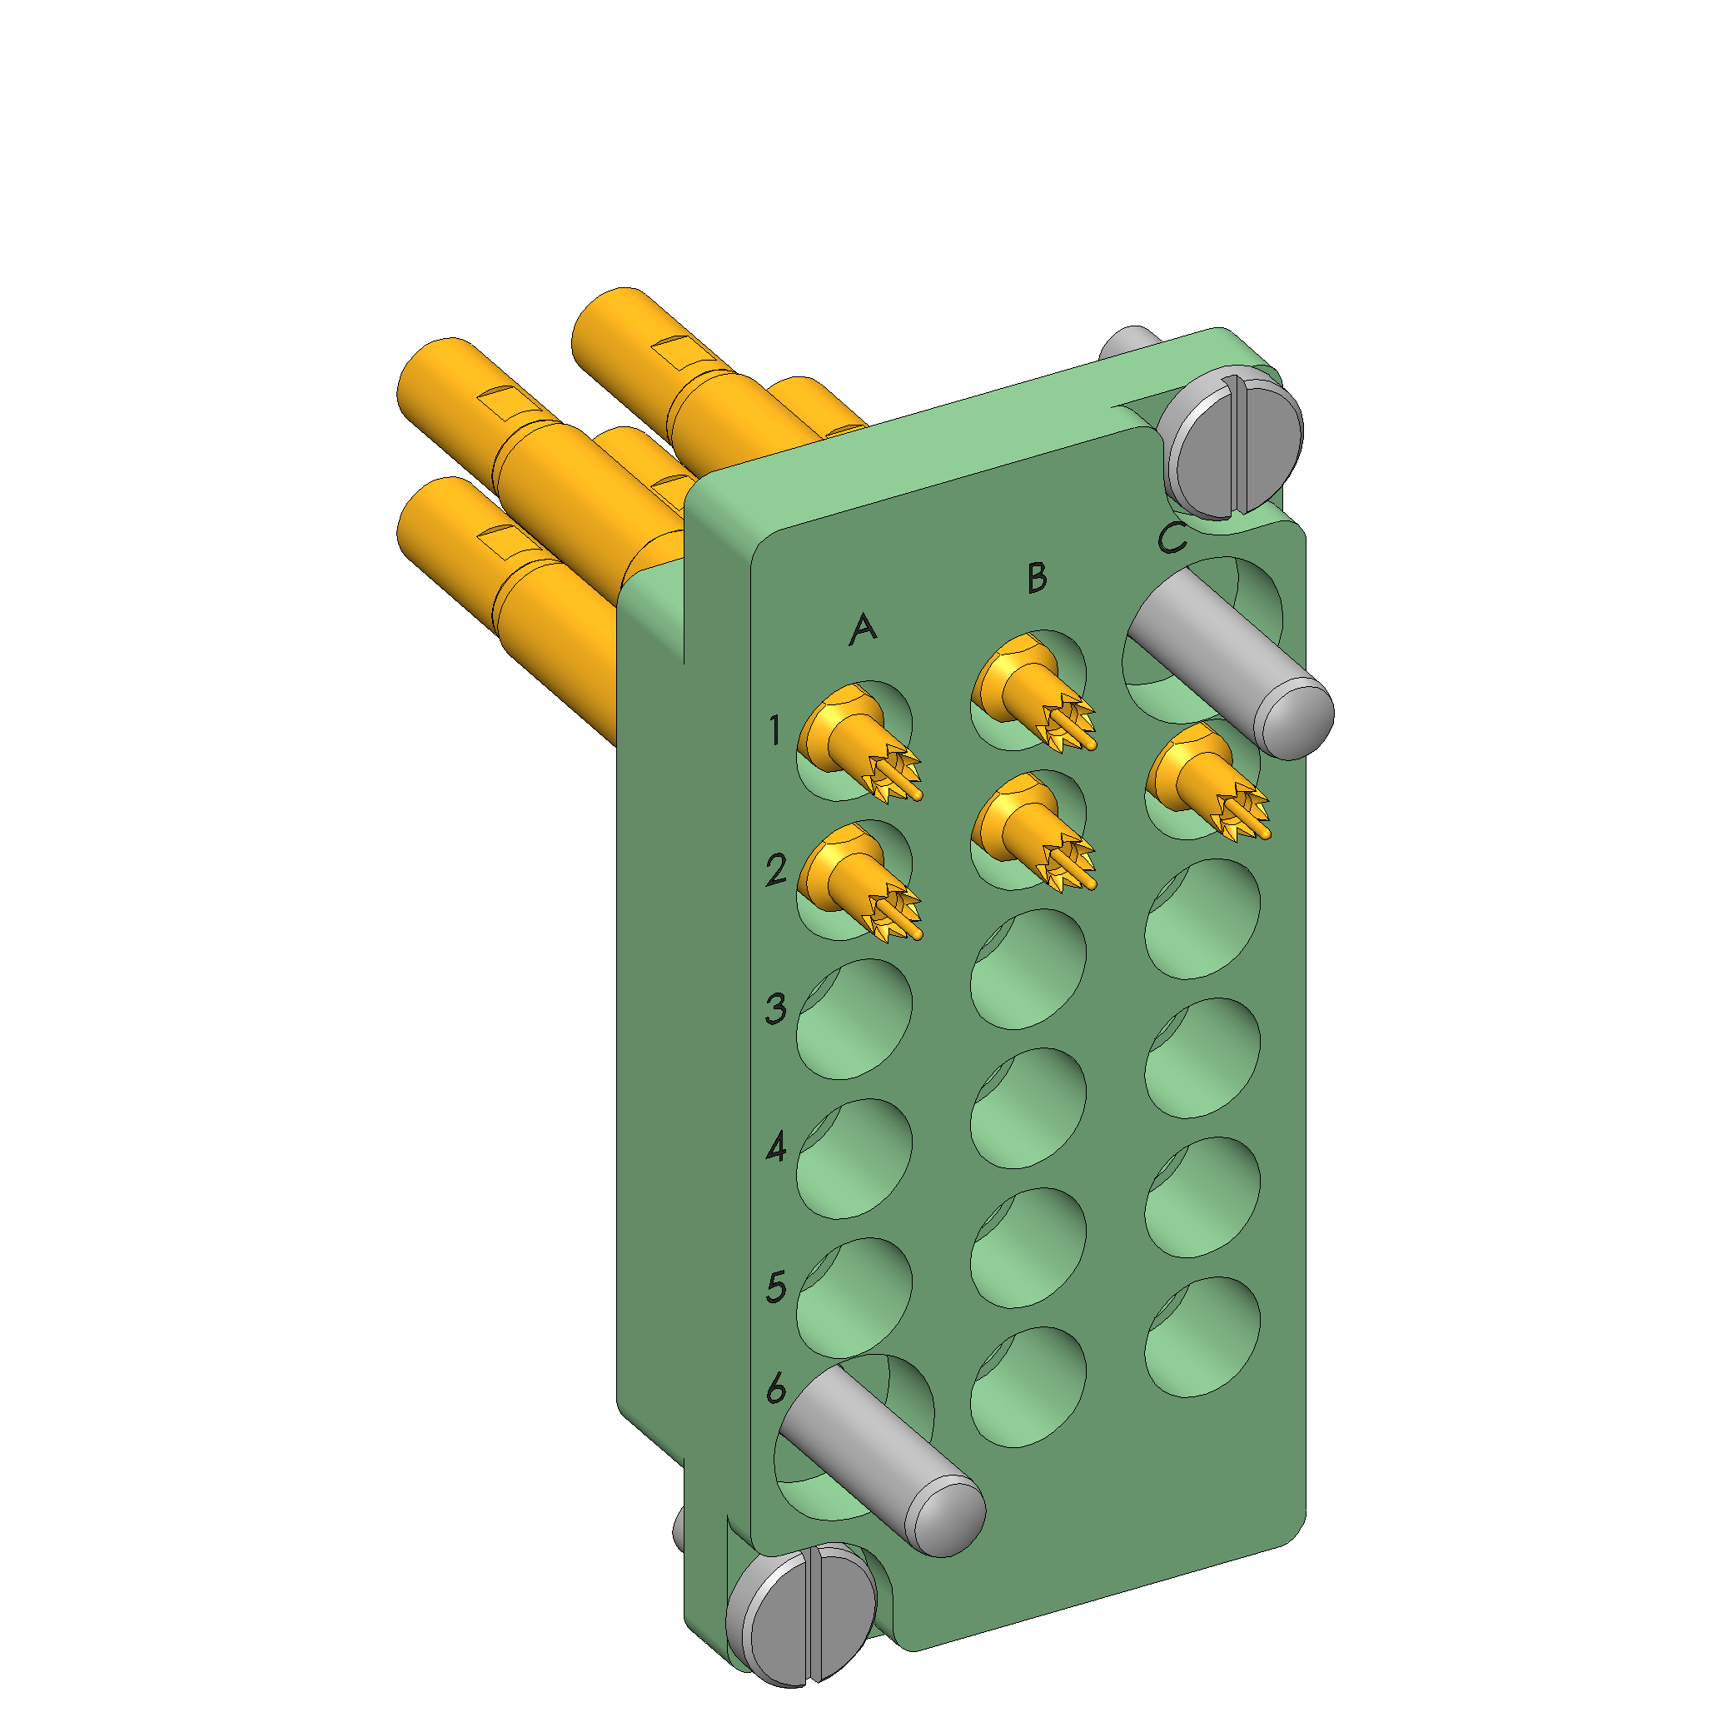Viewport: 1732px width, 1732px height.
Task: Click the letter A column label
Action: click(x=863, y=630)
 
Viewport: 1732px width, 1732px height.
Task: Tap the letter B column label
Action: click(x=1037, y=577)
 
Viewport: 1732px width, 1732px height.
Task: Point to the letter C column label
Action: click(x=1172, y=538)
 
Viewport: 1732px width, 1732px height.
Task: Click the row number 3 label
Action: click(x=776, y=1008)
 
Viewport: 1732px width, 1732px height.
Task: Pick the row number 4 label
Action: click(x=776, y=1147)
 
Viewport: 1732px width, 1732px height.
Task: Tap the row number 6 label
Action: click(x=776, y=1388)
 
